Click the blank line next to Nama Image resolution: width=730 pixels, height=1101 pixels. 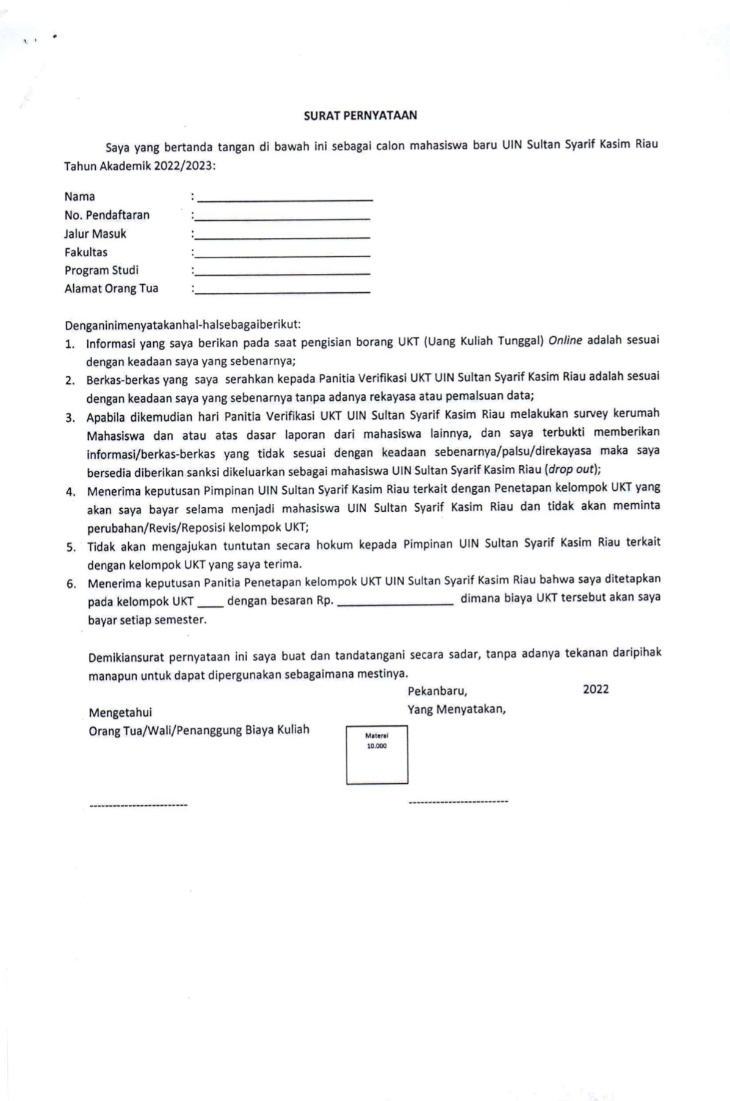point(285,200)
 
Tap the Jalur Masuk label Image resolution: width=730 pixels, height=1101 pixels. point(95,234)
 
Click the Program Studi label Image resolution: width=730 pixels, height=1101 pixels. point(101,270)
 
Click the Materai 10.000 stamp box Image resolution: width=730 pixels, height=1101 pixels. point(377,755)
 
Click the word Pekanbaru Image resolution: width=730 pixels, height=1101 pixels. point(437,691)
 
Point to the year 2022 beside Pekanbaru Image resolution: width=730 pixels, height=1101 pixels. point(596,689)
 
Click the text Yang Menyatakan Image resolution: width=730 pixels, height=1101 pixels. point(457,709)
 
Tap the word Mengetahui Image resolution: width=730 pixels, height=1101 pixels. point(120,712)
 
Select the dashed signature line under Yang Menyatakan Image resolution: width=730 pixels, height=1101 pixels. point(458,802)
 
